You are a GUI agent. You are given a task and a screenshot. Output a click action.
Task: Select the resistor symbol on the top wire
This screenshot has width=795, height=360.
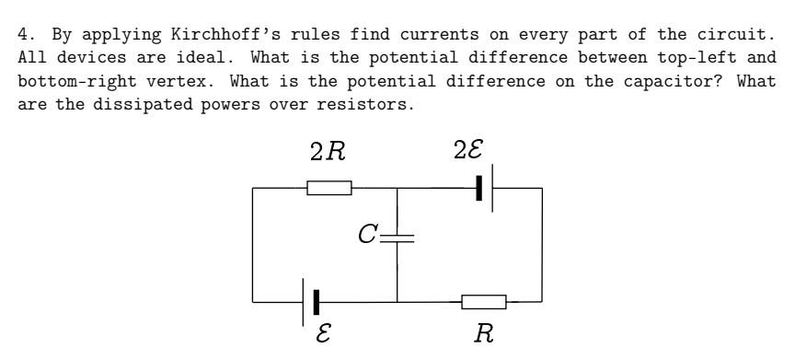point(329,188)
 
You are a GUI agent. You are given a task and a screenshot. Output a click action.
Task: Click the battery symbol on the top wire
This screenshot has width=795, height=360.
point(486,188)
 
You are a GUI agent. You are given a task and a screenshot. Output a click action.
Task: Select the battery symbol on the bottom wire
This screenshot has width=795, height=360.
point(310,301)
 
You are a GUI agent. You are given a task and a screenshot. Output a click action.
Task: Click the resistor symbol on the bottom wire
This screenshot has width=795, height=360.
point(484,301)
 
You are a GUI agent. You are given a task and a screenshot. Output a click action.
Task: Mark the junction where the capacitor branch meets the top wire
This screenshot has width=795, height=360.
point(397,188)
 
